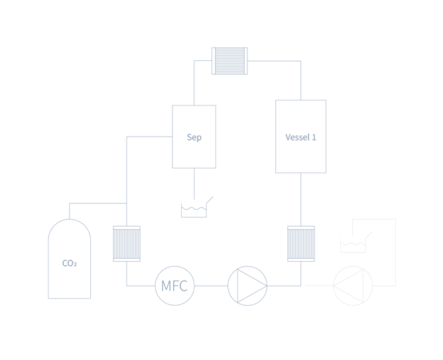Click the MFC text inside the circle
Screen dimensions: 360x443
pos(175,286)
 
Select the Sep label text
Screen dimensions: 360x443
pos(194,138)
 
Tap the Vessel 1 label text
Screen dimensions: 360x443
pos(300,137)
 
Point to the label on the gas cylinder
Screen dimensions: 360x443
pos(70,263)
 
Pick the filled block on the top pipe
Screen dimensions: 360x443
pos(229,60)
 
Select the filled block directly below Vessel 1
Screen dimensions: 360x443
pos(301,244)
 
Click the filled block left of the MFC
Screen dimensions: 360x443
pos(127,244)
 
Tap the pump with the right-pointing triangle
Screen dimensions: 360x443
pos(247,286)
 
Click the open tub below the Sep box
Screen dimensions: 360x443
pos(194,211)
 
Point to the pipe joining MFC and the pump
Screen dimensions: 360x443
pos(211,286)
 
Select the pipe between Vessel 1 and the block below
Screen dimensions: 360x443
pos(301,199)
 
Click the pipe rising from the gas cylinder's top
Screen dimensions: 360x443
pos(70,210)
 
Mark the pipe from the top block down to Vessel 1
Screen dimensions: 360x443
pos(301,80)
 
